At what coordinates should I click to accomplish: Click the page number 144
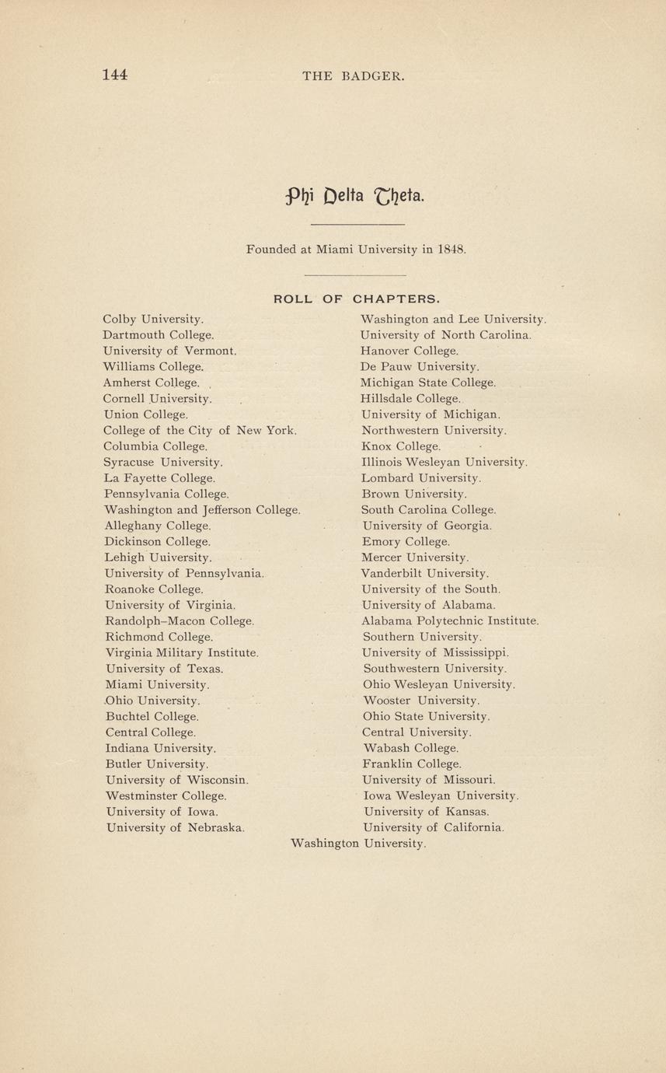[115, 75]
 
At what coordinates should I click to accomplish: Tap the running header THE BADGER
[353, 76]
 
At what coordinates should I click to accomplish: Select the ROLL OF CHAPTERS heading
[357, 298]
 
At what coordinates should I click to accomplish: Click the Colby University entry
[153, 319]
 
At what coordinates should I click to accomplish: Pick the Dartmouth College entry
[158, 335]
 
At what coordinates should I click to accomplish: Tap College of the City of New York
[200, 430]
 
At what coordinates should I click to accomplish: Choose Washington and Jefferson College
[202, 510]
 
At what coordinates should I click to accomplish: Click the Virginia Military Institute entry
[182, 653]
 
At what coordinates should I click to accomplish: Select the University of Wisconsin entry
[176, 780]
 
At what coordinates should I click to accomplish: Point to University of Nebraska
[175, 828]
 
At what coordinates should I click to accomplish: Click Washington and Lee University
[453, 319]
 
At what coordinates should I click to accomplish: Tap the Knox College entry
[401, 446]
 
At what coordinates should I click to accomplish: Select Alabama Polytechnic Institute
[450, 621]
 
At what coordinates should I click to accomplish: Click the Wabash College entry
[410, 748]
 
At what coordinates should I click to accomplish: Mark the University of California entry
[434, 828]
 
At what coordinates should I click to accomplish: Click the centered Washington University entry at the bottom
[357, 844]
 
